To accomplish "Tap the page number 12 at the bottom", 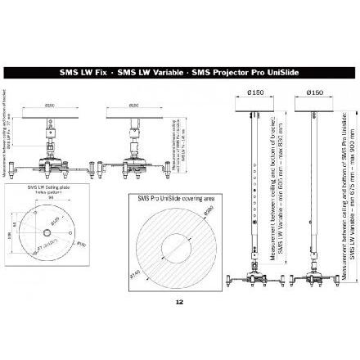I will tap(179, 300).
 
